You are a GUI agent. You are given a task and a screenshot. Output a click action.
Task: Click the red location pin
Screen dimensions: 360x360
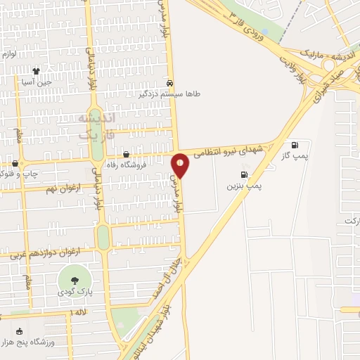click(180, 165)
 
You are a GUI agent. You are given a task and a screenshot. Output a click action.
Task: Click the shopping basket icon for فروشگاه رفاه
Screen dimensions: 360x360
click(126, 155)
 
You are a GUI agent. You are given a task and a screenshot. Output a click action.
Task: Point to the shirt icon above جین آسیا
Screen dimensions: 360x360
click(37, 71)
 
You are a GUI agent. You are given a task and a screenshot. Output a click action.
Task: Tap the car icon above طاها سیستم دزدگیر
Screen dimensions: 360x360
click(170, 82)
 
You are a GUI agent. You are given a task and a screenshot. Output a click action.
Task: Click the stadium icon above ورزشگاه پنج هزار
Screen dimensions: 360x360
click(19, 331)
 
